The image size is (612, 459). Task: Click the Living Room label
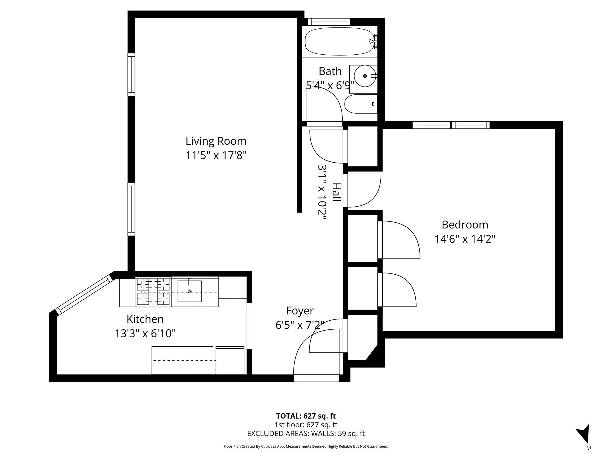(216, 141)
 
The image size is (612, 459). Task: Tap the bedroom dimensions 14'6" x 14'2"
(465, 239)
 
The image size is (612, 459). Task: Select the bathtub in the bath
(338, 42)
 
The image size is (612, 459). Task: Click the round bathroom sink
(365, 76)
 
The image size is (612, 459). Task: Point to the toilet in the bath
(360, 104)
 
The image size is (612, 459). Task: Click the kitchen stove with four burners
(153, 292)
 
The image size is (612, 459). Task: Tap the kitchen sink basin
(189, 291)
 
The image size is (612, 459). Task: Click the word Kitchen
(145, 319)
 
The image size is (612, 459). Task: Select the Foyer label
(300, 310)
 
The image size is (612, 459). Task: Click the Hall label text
(336, 192)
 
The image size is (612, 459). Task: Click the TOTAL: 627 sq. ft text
(306, 416)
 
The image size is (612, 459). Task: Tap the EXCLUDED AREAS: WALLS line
(306, 434)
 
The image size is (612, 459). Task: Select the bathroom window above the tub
(329, 22)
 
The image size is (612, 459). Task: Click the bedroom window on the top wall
(451, 125)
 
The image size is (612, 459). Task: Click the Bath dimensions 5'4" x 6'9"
(330, 86)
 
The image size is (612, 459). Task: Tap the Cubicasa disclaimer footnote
(306, 446)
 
